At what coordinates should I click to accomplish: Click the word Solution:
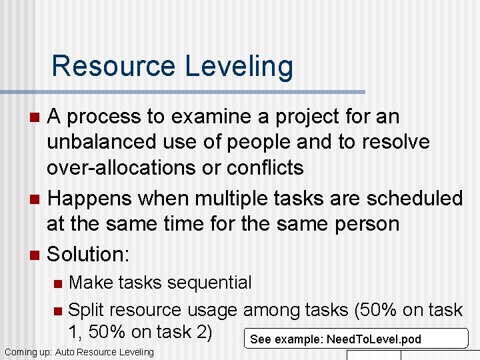tap(89, 254)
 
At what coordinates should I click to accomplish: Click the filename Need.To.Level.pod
tap(374, 339)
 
